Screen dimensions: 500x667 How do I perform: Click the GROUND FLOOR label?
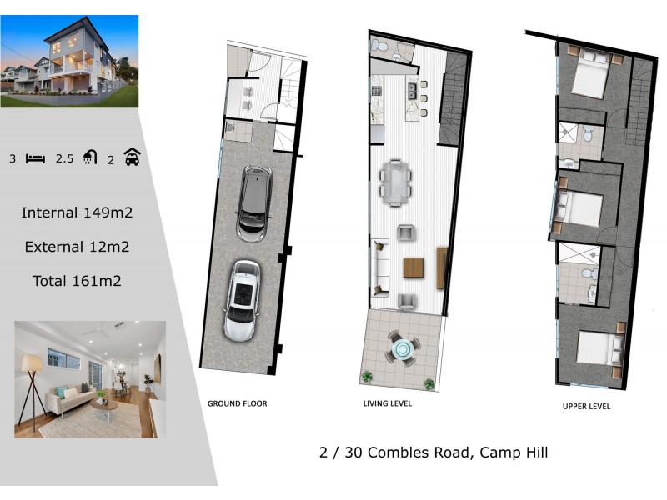[x=237, y=403]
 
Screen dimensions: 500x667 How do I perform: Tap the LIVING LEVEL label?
[x=388, y=403]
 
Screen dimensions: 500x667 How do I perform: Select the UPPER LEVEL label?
[x=588, y=407]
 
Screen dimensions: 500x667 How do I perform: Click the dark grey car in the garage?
[x=253, y=202]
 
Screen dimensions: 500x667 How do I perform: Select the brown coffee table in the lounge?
[x=414, y=267]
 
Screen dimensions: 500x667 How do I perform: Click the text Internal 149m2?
[x=77, y=212]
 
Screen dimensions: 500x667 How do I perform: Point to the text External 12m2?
[x=77, y=247]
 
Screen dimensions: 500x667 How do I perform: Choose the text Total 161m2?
[x=77, y=281]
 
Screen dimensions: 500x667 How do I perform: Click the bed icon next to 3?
[x=35, y=157]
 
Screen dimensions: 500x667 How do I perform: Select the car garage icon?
[x=132, y=157]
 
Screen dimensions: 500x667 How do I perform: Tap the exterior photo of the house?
[x=69, y=61]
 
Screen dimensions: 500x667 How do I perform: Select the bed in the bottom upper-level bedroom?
[x=598, y=349]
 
